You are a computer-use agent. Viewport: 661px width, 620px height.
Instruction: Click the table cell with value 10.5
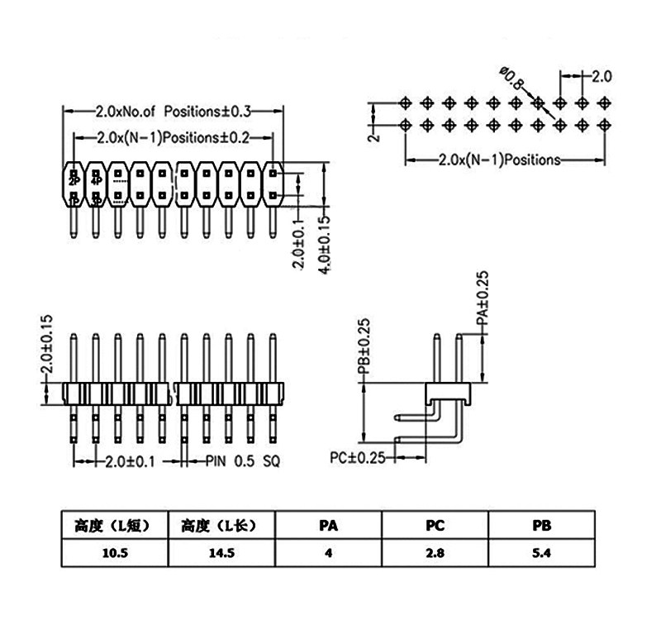[x=115, y=552]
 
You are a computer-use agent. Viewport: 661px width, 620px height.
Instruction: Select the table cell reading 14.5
[x=221, y=552]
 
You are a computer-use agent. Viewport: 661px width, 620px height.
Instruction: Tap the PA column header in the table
[x=328, y=526]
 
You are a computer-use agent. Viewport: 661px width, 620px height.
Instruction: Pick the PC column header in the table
[x=435, y=526]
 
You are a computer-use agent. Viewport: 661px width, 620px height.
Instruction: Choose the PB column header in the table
[x=542, y=526]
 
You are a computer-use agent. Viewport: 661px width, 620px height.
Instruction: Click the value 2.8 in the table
[x=435, y=552]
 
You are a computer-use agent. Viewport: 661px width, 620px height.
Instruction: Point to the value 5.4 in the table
[x=542, y=552]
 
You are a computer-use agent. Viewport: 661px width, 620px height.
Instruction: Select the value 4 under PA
[x=328, y=552]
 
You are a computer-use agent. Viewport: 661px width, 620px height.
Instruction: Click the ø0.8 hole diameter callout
[x=511, y=78]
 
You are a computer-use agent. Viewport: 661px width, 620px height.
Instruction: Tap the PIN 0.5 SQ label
[x=243, y=461]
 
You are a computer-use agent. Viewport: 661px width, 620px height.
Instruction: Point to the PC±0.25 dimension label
[x=358, y=458]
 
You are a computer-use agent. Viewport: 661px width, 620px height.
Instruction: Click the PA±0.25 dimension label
[x=483, y=298]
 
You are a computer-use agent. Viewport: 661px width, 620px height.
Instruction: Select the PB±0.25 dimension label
[x=364, y=346]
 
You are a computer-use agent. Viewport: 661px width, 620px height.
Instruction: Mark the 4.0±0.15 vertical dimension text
[x=324, y=245]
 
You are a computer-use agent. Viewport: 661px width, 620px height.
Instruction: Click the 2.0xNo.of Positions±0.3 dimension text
[x=174, y=112]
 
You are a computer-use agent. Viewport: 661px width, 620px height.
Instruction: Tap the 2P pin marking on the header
[x=74, y=181]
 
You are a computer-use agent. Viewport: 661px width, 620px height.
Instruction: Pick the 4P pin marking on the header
[x=97, y=181]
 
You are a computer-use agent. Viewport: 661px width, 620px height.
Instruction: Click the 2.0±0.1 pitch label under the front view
[x=130, y=461]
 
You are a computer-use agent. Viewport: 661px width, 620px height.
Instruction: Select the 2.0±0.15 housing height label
[x=47, y=344]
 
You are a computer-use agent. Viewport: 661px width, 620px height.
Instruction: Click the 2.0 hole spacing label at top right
[x=602, y=76]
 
